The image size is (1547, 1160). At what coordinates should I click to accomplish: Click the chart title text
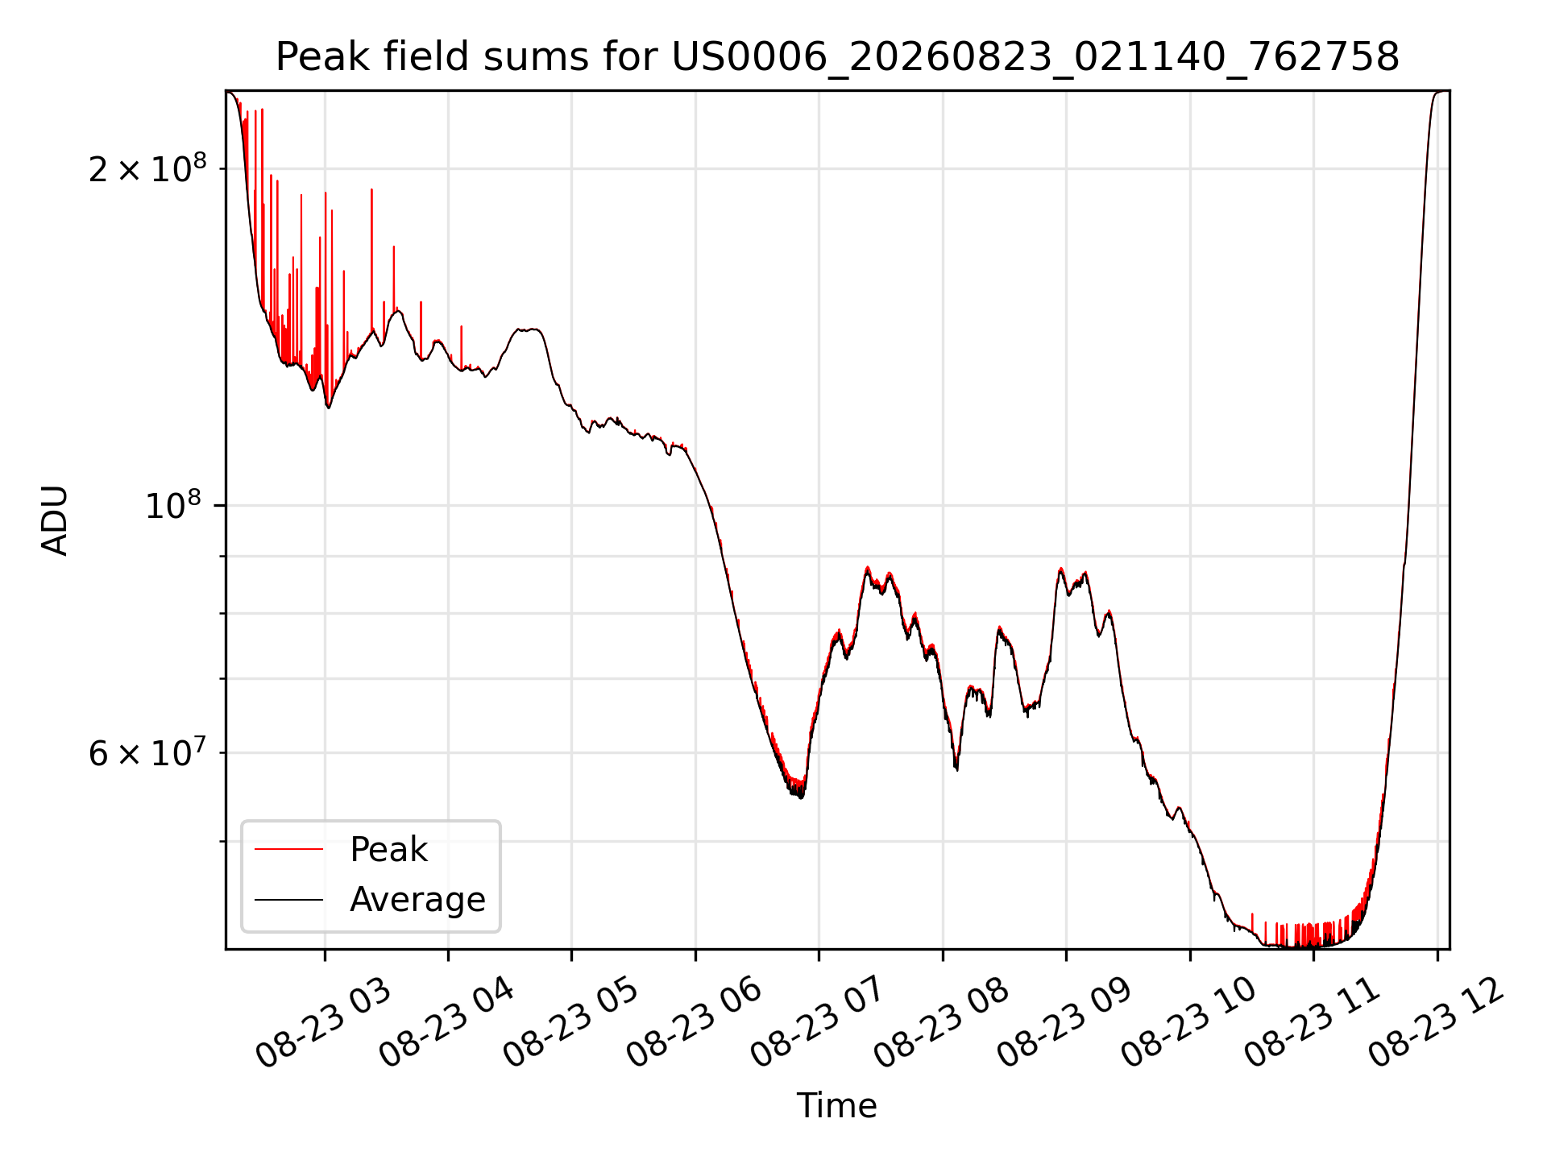point(837,57)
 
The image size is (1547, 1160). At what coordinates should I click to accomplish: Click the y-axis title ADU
point(55,520)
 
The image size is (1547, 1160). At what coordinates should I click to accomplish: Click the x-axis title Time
point(836,1105)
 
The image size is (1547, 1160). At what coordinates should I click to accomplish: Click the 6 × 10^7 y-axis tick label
point(147,752)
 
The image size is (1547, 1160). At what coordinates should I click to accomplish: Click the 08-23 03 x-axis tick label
point(323,1024)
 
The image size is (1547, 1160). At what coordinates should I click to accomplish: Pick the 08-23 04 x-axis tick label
point(446,1024)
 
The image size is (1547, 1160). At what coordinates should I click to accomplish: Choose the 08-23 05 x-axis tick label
point(570,1024)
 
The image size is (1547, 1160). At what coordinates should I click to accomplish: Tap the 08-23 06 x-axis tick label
point(694,1024)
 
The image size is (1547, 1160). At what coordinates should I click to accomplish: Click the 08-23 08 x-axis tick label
point(941,1024)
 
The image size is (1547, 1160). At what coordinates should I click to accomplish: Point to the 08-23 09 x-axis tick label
point(1064,1024)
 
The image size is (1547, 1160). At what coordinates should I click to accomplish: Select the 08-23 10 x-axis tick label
point(1188,1024)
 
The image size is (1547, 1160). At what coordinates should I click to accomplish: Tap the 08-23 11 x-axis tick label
point(1312,1024)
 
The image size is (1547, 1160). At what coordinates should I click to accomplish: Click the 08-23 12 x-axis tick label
point(1436,1024)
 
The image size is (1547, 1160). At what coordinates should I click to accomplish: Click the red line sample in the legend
point(289,849)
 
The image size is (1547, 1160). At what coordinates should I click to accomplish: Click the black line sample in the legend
point(289,899)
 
